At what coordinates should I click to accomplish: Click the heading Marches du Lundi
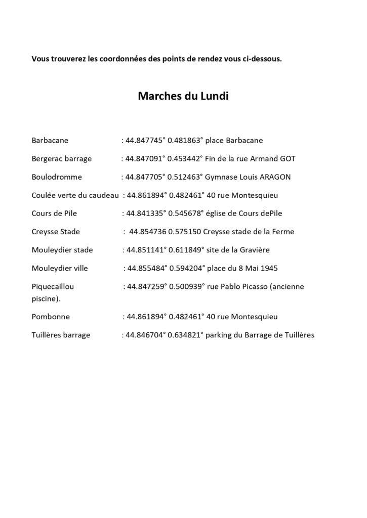click(x=183, y=96)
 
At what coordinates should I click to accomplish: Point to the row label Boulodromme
click(x=57, y=177)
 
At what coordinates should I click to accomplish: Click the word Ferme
click(x=284, y=232)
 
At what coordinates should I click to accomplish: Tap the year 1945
click(x=269, y=268)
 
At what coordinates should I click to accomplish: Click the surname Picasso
click(x=254, y=286)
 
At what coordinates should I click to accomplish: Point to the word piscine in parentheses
click(x=45, y=298)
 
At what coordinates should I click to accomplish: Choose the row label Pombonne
click(x=51, y=317)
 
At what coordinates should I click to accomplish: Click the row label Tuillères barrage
click(x=61, y=335)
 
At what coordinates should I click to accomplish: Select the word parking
click(x=219, y=335)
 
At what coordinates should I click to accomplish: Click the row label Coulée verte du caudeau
click(x=75, y=195)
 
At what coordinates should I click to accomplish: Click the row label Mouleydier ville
click(x=60, y=268)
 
